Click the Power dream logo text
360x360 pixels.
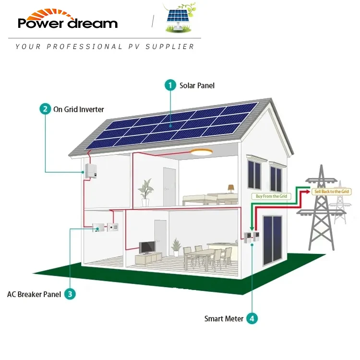click(x=67, y=23)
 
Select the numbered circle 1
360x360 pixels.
click(x=170, y=85)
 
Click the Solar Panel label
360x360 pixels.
click(x=197, y=85)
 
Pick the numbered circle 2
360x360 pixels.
click(x=45, y=109)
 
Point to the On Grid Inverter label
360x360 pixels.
click(x=78, y=109)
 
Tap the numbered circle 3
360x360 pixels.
click(x=70, y=294)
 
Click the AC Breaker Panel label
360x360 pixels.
click(x=34, y=294)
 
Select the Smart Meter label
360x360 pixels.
click(x=224, y=319)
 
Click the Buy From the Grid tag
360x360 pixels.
click(x=271, y=196)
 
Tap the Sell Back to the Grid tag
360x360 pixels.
click(x=331, y=192)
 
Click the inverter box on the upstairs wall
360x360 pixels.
click(x=90, y=170)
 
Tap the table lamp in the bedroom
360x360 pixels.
click(x=231, y=188)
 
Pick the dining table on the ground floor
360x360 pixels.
click(x=204, y=254)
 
